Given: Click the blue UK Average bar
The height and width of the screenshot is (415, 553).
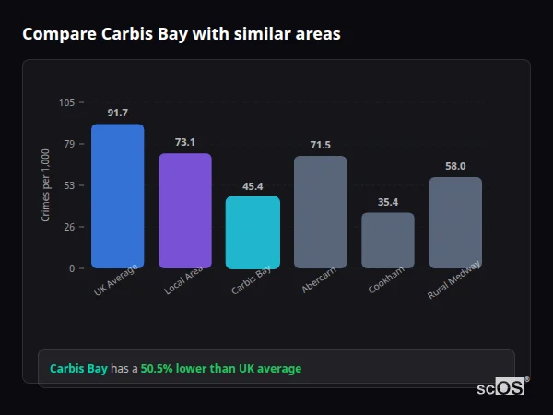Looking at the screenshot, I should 117,196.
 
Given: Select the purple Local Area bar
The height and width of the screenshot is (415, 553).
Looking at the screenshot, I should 184,210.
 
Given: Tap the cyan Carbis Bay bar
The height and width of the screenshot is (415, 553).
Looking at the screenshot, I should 253,231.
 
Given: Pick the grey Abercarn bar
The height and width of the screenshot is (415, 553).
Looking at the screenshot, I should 320,211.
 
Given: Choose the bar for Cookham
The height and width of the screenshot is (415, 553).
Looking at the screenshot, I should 387,240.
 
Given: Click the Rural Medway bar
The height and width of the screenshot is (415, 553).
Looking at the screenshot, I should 455,222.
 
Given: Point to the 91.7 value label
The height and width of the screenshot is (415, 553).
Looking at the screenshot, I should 117,113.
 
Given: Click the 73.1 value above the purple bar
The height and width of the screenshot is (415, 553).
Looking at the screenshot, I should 184,142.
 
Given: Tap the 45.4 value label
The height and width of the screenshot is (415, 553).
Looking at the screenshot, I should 253,185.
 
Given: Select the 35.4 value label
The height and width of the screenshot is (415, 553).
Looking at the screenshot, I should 387,202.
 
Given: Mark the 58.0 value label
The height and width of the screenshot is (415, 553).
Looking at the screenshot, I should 455,166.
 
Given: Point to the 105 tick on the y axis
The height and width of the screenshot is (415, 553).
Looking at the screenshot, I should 66,102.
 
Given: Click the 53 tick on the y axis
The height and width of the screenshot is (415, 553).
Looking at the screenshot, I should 69,185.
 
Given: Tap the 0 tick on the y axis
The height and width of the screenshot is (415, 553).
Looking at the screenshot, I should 72,268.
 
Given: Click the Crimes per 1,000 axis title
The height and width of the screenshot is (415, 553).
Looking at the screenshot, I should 46,185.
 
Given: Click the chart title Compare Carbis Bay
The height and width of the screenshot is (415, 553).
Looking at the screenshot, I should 181,34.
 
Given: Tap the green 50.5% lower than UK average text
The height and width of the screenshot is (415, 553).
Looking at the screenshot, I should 220,369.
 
